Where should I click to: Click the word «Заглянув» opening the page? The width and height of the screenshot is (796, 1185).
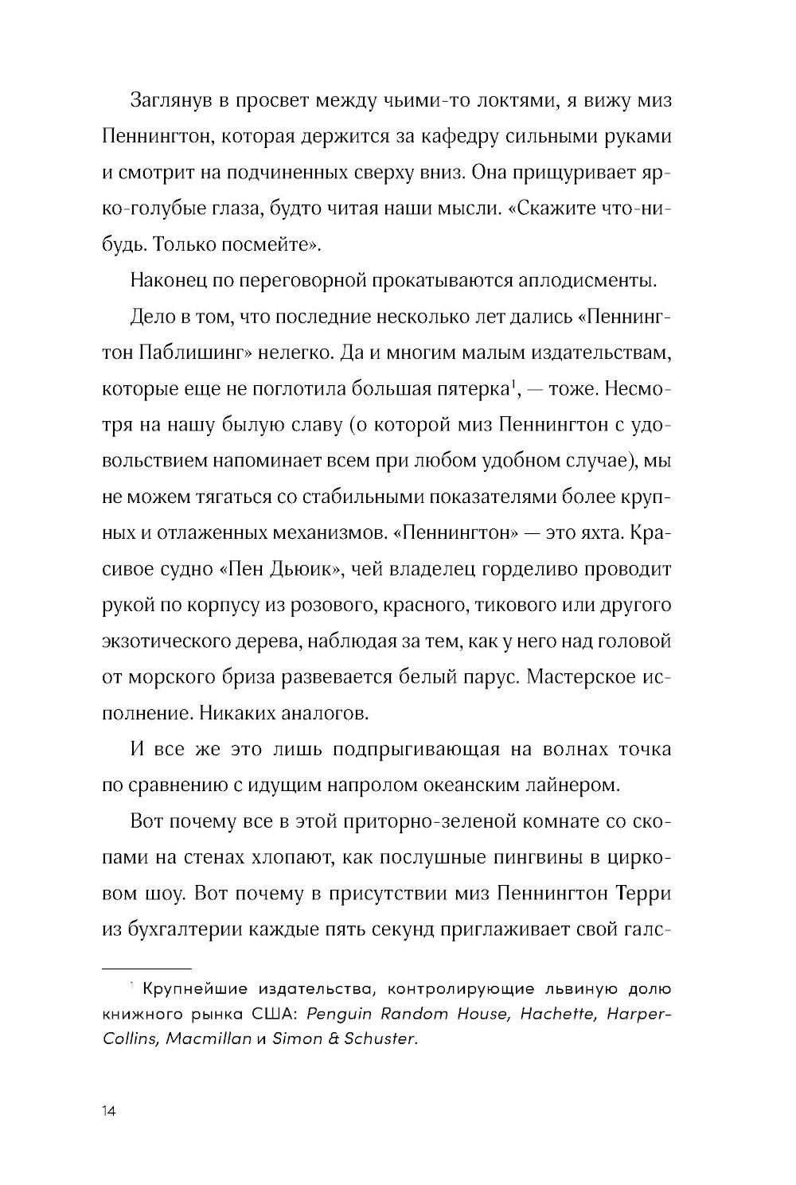pyautogui.click(x=171, y=99)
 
